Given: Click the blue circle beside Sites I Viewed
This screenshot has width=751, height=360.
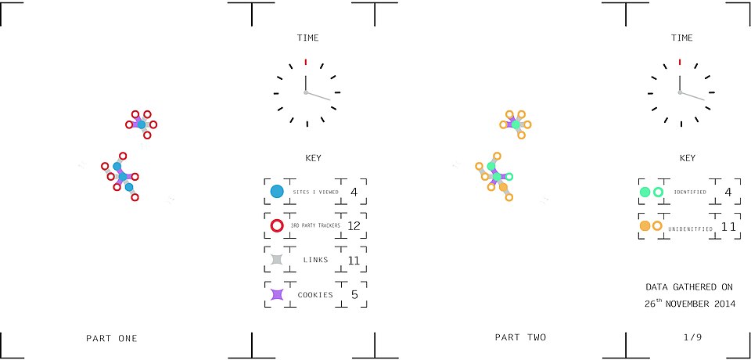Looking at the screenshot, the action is [x=277, y=192].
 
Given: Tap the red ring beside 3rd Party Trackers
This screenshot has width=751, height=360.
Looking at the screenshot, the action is [x=277, y=225].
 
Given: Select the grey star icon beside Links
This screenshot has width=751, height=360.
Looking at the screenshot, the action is [x=277, y=260].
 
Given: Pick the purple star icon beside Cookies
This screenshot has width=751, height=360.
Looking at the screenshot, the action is [x=277, y=294].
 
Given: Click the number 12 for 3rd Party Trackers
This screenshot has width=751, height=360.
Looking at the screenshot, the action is [x=354, y=225].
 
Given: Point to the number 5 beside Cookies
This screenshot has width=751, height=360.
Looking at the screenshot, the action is [x=354, y=294].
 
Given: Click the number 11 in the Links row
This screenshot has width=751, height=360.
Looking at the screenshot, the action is [x=354, y=261].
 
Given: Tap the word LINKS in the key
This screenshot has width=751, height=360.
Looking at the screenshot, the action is [x=315, y=260].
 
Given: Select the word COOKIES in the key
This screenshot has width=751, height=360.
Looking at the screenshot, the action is [x=315, y=295].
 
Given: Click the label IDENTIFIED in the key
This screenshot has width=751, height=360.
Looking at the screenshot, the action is [x=690, y=193].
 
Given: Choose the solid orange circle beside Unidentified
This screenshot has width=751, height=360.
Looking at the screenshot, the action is [x=645, y=225].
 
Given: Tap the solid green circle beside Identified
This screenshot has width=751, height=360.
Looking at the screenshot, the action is [x=645, y=192].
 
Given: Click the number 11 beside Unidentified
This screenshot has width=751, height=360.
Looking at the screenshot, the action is [x=728, y=226].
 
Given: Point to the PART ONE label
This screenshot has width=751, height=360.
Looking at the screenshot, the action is [x=112, y=338].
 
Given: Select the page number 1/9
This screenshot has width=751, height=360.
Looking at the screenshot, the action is [x=692, y=337].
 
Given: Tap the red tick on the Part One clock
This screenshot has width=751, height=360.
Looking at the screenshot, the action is [x=306, y=61].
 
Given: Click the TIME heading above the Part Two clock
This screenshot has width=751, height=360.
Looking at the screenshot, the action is [x=682, y=38].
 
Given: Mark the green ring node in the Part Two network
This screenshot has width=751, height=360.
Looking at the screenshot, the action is [x=509, y=176].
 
